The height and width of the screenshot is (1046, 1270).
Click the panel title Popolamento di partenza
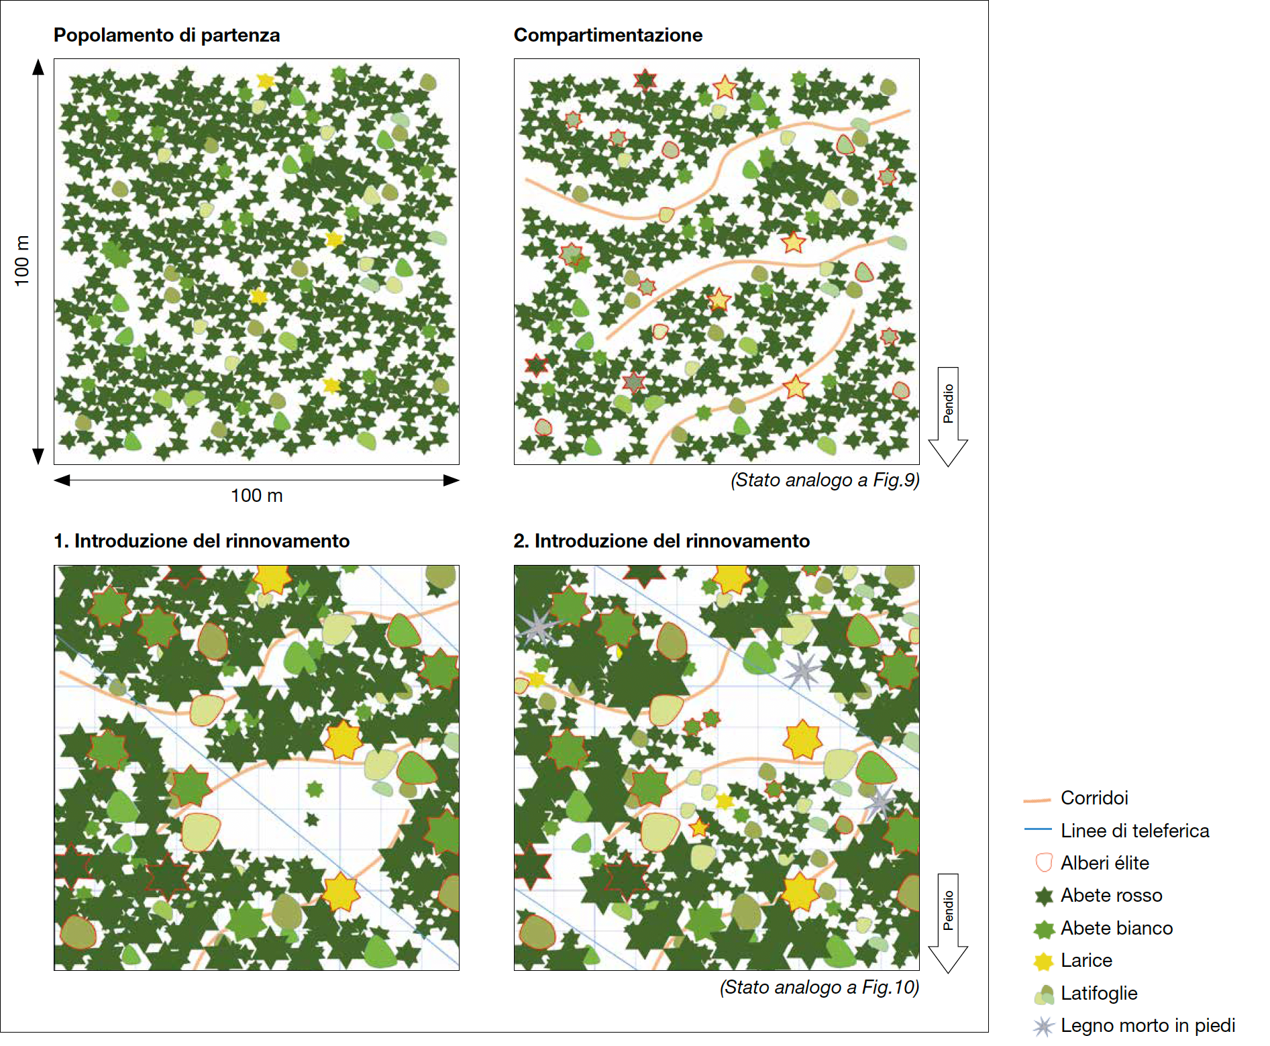pos(166,35)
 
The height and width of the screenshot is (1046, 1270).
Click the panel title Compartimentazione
pos(608,35)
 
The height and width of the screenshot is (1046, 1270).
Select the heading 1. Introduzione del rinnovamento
pos(201,541)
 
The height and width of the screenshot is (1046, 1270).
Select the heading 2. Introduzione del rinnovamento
pos(662,541)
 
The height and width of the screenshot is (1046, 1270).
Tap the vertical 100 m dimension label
pos(22,260)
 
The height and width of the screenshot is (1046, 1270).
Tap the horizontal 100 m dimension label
pos(256,496)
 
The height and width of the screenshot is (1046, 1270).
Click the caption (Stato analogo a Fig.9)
pos(825,480)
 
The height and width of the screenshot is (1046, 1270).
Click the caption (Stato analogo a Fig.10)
pos(819,987)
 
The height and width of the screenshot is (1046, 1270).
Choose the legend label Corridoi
pos(1094,798)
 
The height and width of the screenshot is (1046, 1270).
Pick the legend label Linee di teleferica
pos(1134,831)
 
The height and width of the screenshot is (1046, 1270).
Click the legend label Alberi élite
pos(1104,863)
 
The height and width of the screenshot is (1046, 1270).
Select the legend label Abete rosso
pos(1111,895)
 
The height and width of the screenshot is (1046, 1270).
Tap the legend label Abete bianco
pos(1116,928)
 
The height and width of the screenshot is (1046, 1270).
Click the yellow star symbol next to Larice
pos(1043,961)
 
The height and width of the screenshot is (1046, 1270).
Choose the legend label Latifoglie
pos(1099,993)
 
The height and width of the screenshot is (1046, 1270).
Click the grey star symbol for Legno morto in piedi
pos(1043,1026)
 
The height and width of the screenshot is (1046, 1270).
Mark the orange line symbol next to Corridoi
pos(1037,800)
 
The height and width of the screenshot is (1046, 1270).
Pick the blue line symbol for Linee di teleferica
pos(1037,830)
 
